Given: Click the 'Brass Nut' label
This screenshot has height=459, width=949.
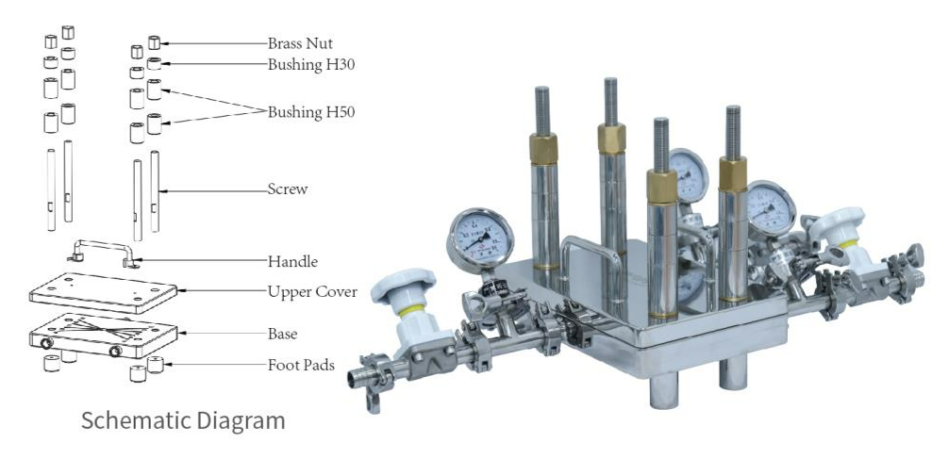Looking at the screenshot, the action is tap(300, 43).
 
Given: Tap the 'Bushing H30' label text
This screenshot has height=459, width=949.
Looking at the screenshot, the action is tap(311, 65).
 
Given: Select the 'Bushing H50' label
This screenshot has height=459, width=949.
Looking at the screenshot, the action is tap(311, 112).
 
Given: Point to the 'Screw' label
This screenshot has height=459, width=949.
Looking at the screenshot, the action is tap(288, 189).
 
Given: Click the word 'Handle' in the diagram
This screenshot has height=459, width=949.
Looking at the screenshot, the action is tap(292, 261).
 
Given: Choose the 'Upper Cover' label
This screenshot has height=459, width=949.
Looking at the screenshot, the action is tap(312, 292).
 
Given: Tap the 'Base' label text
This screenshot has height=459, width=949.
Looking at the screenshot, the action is tap(283, 334).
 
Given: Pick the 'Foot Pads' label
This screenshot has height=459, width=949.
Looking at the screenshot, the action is tap(301, 365).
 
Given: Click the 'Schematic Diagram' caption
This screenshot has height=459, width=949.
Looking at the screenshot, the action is tap(183, 420).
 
